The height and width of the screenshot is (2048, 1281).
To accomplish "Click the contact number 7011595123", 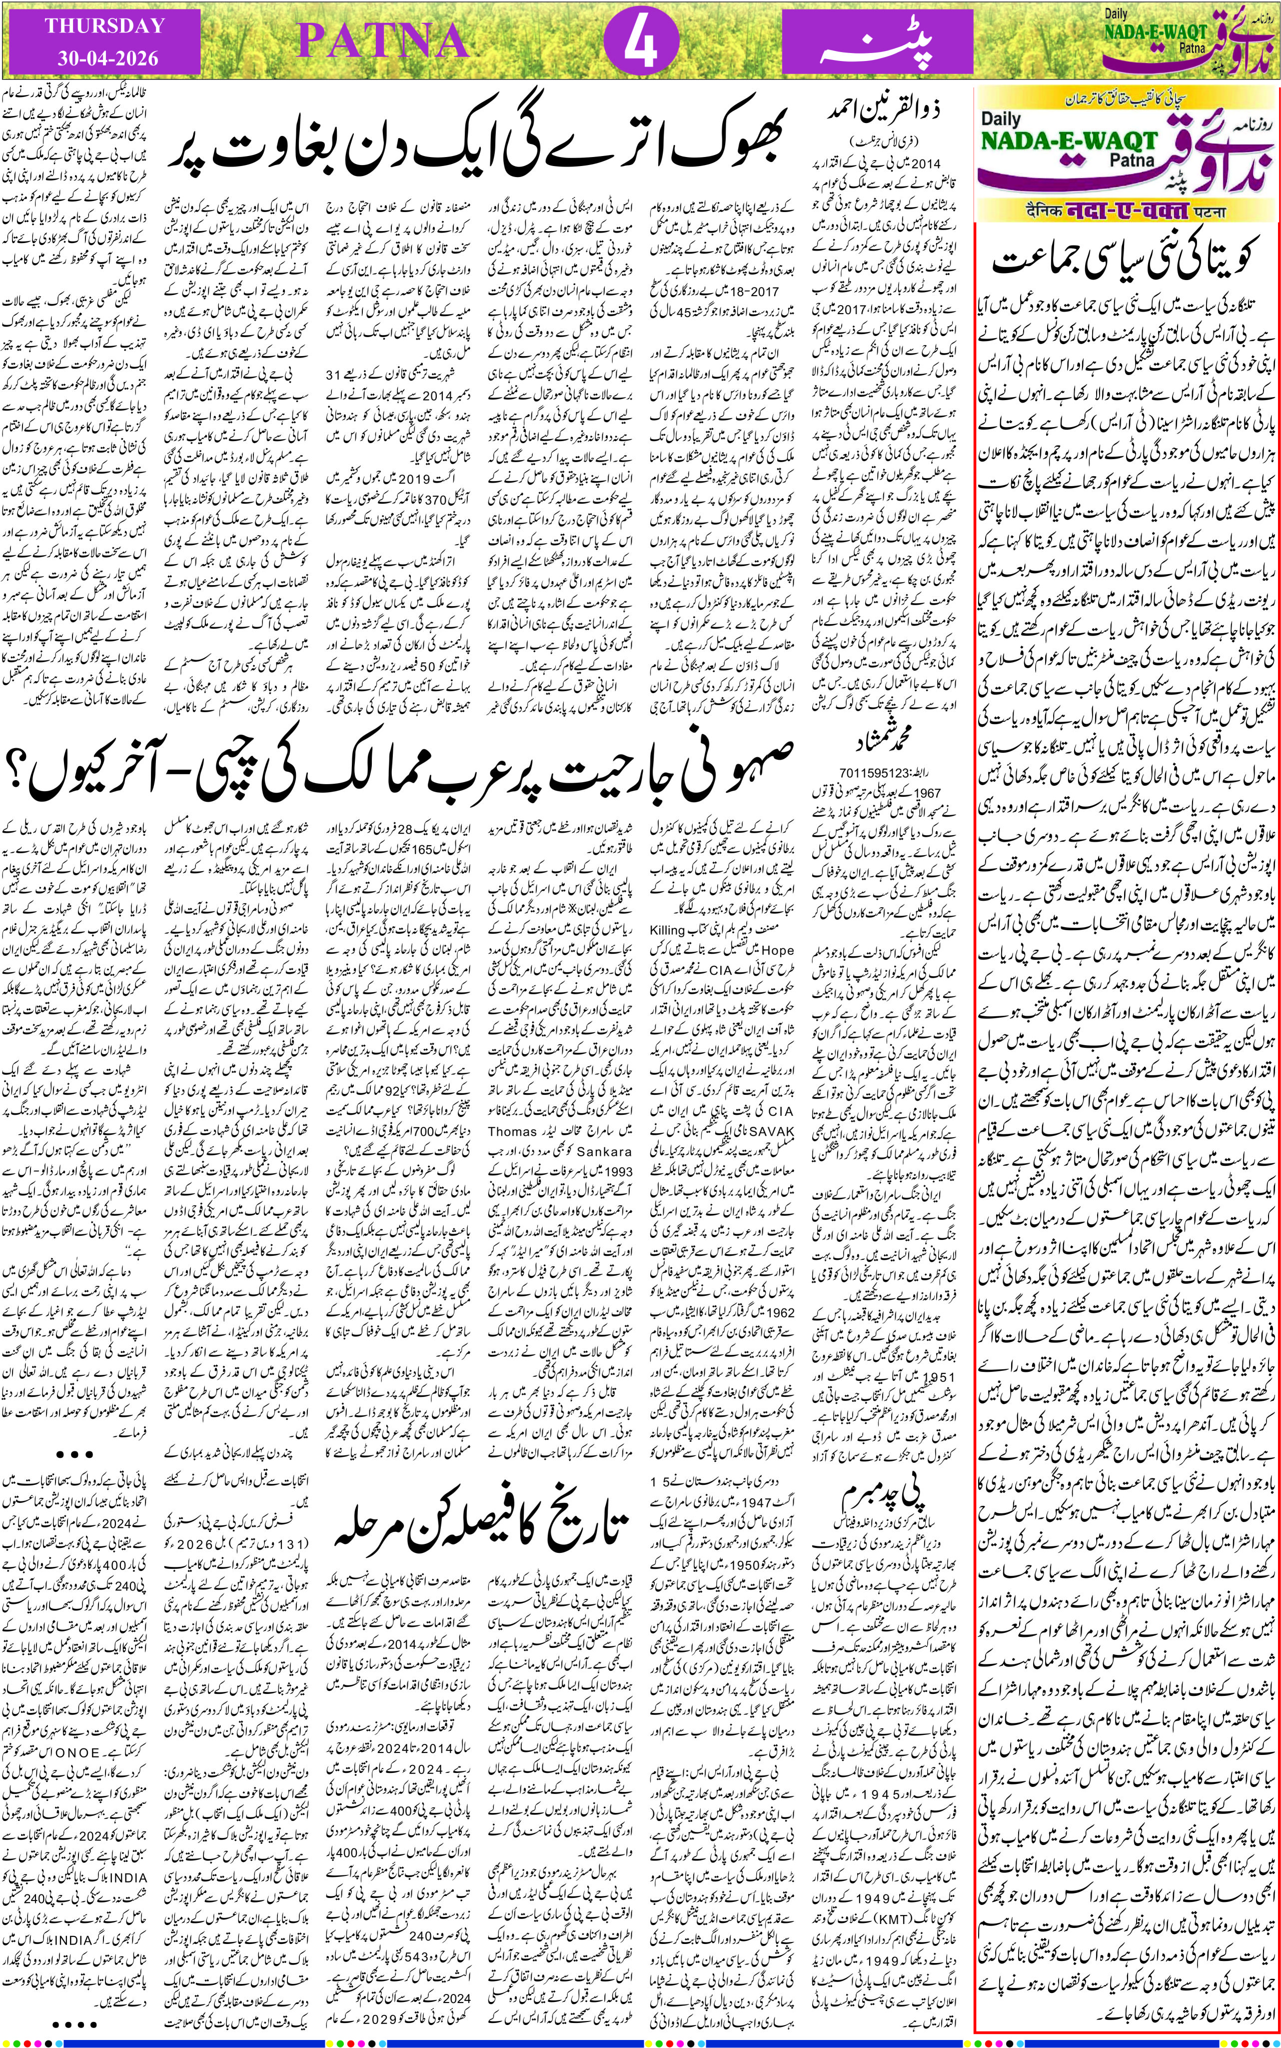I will point(871,773).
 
